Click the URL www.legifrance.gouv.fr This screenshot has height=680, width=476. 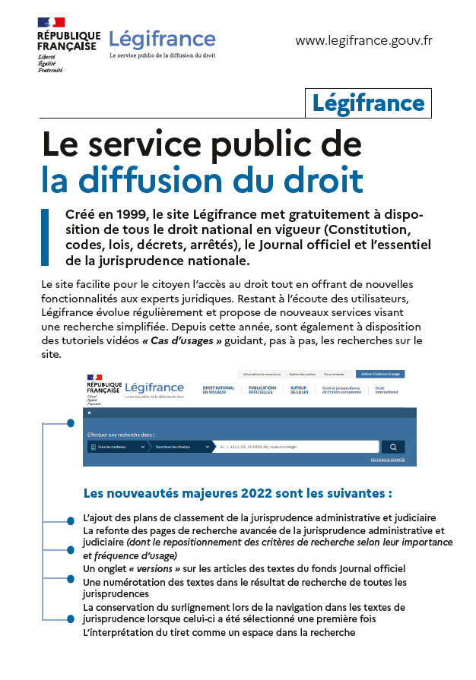pyautogui.click(x=363, y=40)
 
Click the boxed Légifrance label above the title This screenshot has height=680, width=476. pyautogui.click(x=368, y=103)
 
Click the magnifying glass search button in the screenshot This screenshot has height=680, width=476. pyautogui.click(x=393, y=447)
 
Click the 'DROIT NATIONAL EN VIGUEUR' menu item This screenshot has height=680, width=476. pyautogui.click(x=219, y=390)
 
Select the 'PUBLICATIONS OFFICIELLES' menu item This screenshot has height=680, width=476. pyautogui.click(x=262, y=390)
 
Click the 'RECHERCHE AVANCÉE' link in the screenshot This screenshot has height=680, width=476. pyautogui.click(x=388, y=460)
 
